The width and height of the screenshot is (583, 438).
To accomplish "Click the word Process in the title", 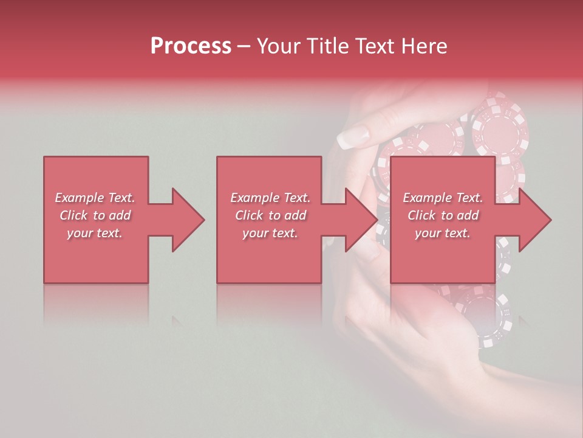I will click(191, 46).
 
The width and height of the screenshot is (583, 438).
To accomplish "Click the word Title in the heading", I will click(329, 46).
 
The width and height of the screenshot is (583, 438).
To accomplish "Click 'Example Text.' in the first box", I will click(95, 198).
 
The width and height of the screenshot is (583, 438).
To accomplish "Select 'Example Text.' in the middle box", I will click(270, 198).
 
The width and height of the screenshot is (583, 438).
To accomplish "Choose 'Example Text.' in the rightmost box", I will click(443, 198).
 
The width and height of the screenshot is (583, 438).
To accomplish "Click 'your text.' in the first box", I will click(95, 233).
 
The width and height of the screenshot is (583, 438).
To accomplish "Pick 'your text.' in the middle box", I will click(270, 233).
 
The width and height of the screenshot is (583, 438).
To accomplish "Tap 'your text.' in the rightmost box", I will click(443, 233).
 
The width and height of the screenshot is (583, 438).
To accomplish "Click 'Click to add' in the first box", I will click(95, 215).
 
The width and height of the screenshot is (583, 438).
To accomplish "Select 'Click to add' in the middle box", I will click(270, 215).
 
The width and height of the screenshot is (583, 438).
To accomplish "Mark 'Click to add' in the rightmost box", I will click(443, 215).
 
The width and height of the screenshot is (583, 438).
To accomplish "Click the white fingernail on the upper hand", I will click(353, 137).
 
